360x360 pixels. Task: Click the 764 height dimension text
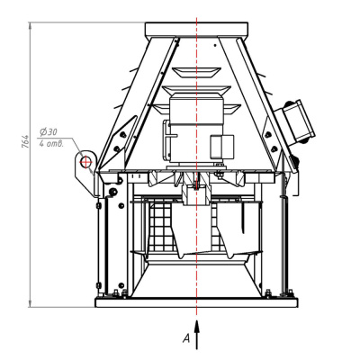[x=26, y=141]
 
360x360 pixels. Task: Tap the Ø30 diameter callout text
[x=49, y=132]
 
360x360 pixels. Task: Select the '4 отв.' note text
[x=51, y=144]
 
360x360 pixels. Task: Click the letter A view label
[x=186, y=338]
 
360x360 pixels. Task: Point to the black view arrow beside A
[x=197, y=335]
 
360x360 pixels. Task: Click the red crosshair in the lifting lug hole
[x=86, y=162]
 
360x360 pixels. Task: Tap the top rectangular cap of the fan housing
[x=196, y=30]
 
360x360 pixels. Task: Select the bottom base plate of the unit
[x=196, y=302]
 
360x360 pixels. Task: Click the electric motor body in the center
[x=196, y=129]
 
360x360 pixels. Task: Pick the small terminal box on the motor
[x=221, y=147]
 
